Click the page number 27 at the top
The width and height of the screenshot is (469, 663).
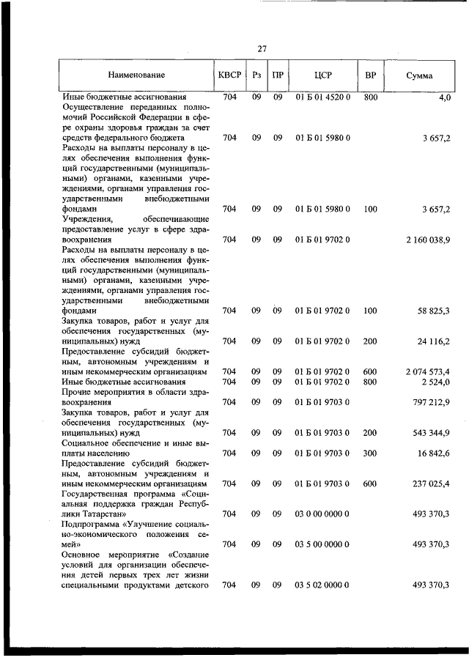point(262,48)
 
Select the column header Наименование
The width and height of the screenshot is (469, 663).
point(136,75)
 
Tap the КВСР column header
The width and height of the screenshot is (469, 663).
point(229,75)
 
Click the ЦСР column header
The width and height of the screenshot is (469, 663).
point(323,75)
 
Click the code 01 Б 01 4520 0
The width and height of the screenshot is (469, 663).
point(323,97)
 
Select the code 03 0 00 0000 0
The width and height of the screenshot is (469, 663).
point(323,514)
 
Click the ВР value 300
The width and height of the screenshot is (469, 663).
point(370,453)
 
